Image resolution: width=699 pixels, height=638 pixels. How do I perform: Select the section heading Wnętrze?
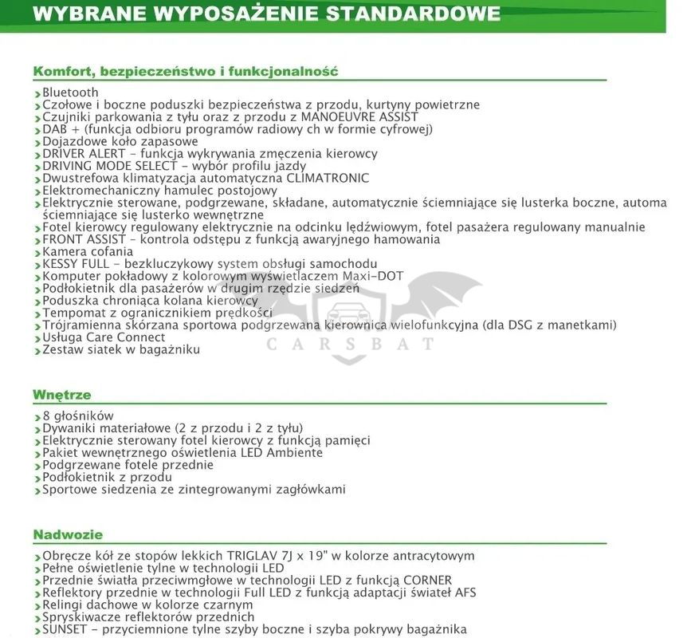coord(61,395)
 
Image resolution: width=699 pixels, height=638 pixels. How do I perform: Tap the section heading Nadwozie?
coord(68,534)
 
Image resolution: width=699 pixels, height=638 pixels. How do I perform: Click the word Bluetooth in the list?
coord(70,93)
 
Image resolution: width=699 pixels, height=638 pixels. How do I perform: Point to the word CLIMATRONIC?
coord(328,178)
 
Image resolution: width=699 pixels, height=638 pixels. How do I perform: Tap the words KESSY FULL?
coord(76,264)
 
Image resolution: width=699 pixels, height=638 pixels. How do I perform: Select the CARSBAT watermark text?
coord(350,345)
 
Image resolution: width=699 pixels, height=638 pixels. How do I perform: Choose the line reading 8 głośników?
coord(77,415)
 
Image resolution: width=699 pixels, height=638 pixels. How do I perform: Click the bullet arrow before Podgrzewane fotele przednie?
coord(37,466)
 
